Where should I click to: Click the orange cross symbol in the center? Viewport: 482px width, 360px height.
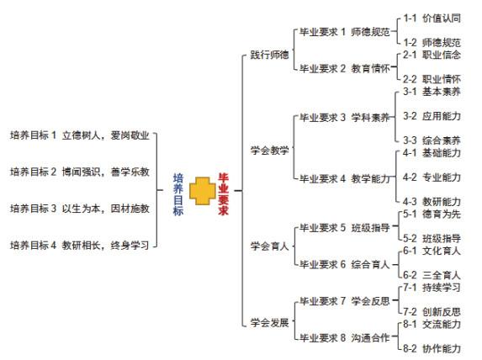(202, 191)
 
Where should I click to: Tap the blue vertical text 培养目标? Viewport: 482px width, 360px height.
(178, 194)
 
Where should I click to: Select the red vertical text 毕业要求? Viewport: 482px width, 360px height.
(224, 194)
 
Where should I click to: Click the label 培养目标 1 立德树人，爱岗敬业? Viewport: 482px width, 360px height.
(80, 135)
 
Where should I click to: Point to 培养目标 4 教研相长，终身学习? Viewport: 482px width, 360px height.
(80, 246)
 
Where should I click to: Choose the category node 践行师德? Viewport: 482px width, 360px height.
(269, 55)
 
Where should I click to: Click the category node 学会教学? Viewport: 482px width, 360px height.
(269, 151)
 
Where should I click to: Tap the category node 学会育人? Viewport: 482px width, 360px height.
(269, 246)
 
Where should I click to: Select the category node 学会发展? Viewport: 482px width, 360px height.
(269, 322)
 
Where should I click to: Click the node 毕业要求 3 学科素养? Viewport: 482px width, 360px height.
(345, 118)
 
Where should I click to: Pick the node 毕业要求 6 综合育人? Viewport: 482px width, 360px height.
(345, 264)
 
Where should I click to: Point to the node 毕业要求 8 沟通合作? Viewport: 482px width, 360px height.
(345, 338)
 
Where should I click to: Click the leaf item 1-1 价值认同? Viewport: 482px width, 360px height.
(432, 19)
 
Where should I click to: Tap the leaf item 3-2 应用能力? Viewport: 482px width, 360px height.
(432, 116)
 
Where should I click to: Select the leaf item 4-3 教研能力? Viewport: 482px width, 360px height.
(432, 202)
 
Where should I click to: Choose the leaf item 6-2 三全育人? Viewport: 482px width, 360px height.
(432, 275)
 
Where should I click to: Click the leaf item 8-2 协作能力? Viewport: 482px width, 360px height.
(432, 348)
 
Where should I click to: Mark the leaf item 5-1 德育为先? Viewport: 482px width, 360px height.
(432, 214)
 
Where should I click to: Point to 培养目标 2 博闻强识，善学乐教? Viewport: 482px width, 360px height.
(80, 172)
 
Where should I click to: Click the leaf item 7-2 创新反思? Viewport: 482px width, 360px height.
(432, 312)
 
